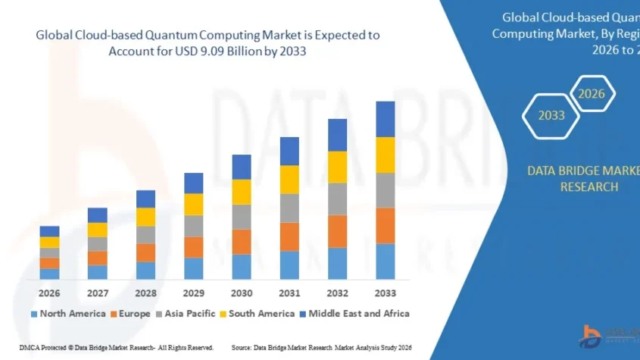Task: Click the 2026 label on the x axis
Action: (49, 293)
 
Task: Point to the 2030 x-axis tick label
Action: (241, 293)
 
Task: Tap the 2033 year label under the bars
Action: (386, 293)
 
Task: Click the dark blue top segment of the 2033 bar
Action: (386, 119)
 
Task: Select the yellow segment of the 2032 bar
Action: (337, 167)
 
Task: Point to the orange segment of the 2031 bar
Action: (289, 236)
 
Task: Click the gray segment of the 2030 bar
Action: (241, 217)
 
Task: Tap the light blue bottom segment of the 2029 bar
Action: (193, 268)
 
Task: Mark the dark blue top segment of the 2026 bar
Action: (49, 231)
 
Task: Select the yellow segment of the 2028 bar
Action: (145, 217)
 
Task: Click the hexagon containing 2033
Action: (551, 115)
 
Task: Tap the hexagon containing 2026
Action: (592, 94)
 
